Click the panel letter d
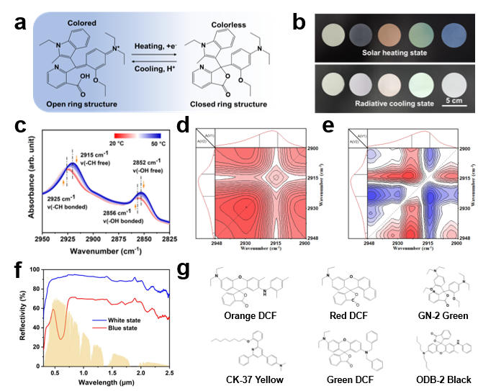click(x=184, y=125)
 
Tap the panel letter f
click(x=21, y=268)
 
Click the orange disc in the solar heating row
click(x=370, y=34)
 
